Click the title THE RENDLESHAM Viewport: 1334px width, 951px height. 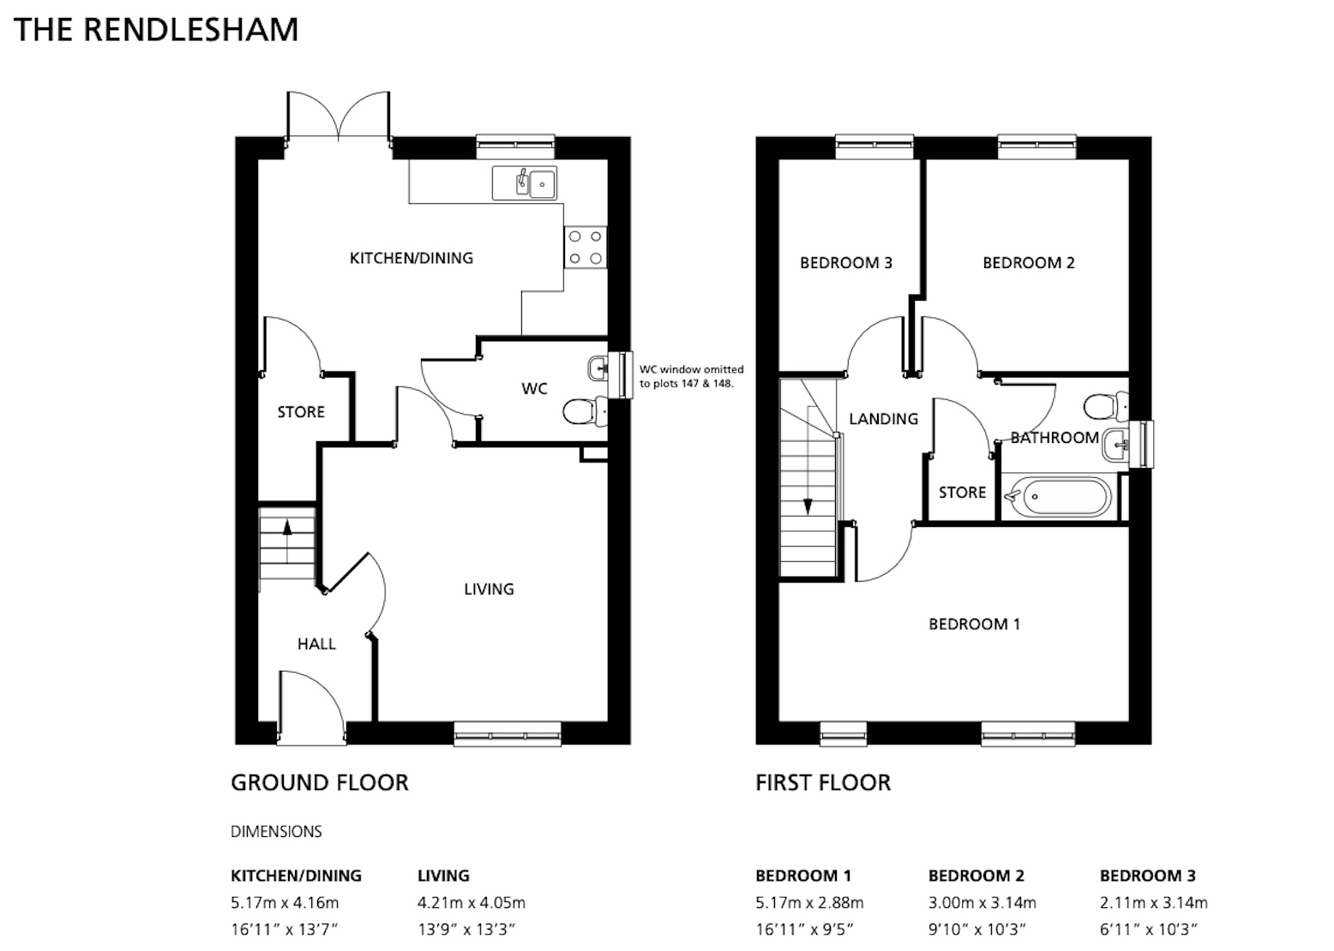pos(156,30)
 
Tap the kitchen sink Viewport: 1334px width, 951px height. pos(524,182)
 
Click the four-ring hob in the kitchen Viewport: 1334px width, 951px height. pos(586,247)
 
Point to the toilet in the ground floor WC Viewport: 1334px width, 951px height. pos(585,410)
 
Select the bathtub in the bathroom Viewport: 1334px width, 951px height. pos(1058,496)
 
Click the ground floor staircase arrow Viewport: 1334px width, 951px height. pos(287,541)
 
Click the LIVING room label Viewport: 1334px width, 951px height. pos(489,589)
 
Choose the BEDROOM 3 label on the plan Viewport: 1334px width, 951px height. pos(845,262)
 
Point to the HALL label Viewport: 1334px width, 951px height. pos(316,644)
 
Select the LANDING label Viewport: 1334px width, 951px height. pos(883,419)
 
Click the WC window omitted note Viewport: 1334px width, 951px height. pos(691,376)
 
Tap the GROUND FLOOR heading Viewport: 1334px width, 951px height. pos(320,782)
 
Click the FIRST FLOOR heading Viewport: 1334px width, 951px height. pos(823,782)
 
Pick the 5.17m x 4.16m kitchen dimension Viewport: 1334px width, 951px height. pos(285,903)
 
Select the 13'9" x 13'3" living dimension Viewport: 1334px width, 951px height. pos(466,929)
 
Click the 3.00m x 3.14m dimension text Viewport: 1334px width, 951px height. pos(982,903)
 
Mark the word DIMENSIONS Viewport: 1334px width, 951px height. pos(276,831)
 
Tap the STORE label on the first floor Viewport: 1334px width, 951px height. pos(963,492)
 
